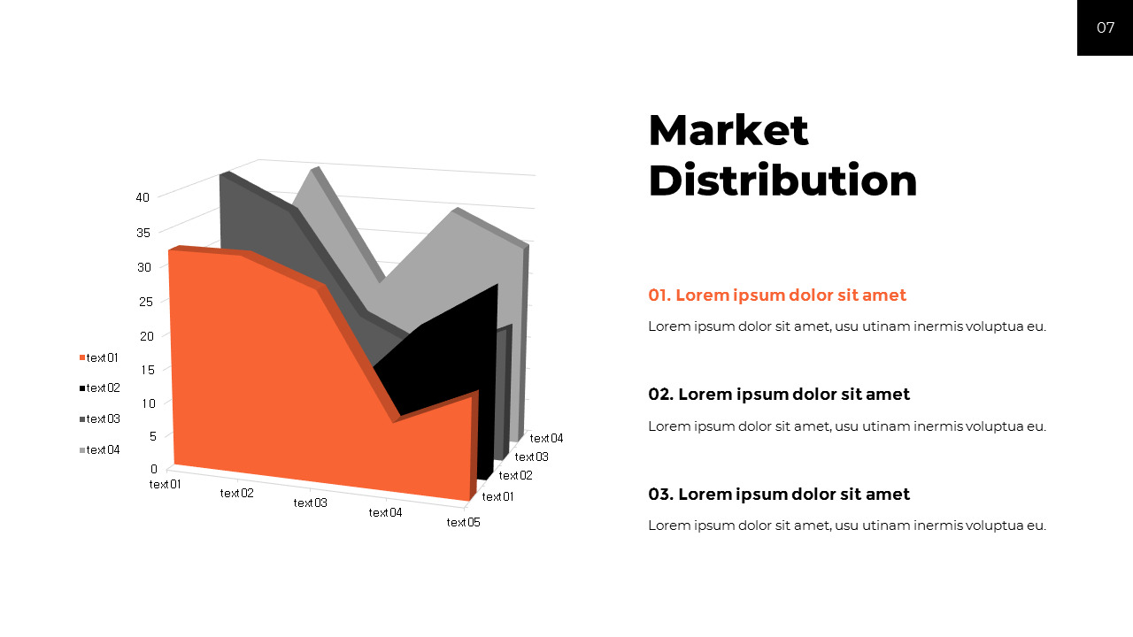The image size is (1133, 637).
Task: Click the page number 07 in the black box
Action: pyautogui.click(x=1106, y=27)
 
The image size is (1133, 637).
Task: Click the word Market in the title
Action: pyautogui.click(x=728, y=130)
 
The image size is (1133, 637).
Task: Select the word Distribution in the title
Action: pyautogui.click(x=782, y=180)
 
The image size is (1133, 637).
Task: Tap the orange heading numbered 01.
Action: pyautogui.click(x=776, y=295)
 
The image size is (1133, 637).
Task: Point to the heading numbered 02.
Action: pyautogui.click(x=778, y=395)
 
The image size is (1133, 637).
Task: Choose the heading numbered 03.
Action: pyautogui.click(x=778, y=495)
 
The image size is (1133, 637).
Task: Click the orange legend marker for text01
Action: pyautogui.click(x=82, y=358)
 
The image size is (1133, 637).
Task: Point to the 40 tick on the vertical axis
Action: pyautogui.click(x=143, y=197)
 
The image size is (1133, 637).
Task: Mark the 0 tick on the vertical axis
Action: pyautogui.click(x=154, y=469)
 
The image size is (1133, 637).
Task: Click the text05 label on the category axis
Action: pyautogui.click(x=463, y=523)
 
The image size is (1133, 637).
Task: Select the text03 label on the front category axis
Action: pyautogui.click(x=310, y=503)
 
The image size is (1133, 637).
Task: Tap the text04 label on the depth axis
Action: pyautogui.click(x=546, y=438)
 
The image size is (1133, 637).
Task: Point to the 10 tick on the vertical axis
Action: pyautogui.click(x=149, y=403)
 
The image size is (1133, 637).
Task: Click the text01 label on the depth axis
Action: pyautogui.click(x=497, y=497)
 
